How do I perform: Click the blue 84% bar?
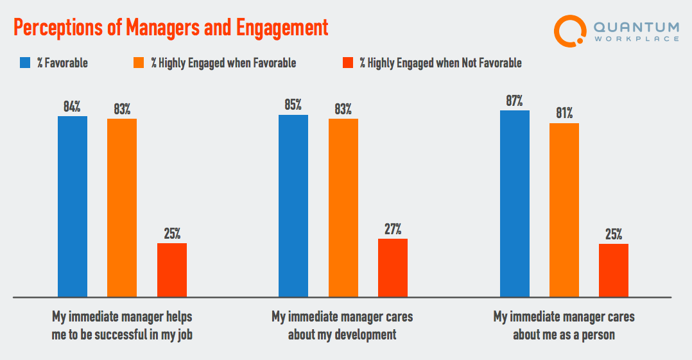coord(73,206)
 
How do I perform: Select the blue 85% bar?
coord(293,205)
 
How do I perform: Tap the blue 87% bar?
coord(515,203)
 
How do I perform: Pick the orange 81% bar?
coord(564,210)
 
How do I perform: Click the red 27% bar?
coord(393,268)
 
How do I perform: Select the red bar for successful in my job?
coord(172,270)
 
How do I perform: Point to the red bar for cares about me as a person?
coord(614,270)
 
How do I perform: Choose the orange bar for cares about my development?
coord(343,207)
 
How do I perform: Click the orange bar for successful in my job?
coord(122,207)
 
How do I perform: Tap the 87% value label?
coord(515,101)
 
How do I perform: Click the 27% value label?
coord(393,229)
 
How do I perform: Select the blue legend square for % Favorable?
coord(25,63)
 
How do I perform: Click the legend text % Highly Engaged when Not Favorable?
coord(440,63)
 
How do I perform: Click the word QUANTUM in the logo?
coord(636,27)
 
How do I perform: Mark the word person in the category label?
coord(597,334)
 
